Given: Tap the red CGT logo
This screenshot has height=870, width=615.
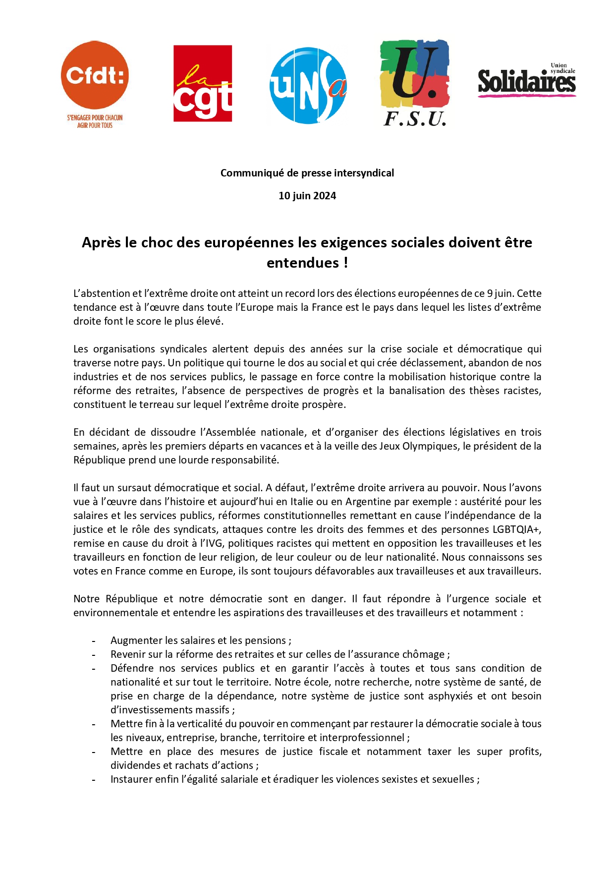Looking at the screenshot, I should pyautogui.click(x=203, y=83).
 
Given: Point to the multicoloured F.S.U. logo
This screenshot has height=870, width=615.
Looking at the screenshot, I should pyautogui.click(x=415, y=82).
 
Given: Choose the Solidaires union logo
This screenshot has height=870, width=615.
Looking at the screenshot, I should pyautogui.click(x=527, y=80).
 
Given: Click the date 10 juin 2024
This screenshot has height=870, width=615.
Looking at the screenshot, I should pyautogui.click(x=307, y=196).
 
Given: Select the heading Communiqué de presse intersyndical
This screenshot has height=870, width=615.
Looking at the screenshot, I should pyautogui.click(x=307, y=173).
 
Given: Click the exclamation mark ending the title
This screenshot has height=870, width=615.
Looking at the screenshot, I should pyautogui.click(x=345, y=263).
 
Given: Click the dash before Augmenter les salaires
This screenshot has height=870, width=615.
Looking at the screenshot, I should pyautogui.click(x=94, y=641).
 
